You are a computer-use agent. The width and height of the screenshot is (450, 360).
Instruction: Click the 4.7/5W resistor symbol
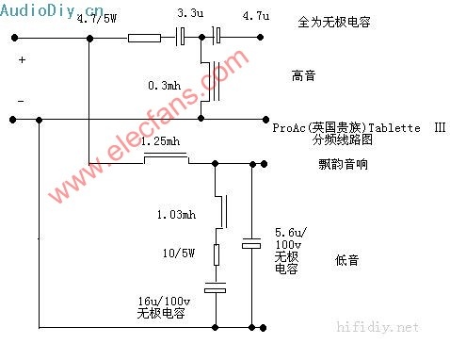coord(144,38)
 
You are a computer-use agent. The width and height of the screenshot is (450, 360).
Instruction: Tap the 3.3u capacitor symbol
coord(180,37)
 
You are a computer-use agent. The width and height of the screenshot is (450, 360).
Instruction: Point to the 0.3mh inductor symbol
coord(211,81)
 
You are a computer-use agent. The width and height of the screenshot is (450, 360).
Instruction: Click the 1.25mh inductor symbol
coord(167,156)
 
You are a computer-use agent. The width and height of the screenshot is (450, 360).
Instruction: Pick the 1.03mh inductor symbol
coord(221,211)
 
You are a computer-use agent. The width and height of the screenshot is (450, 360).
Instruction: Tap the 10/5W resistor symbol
coord(217,254)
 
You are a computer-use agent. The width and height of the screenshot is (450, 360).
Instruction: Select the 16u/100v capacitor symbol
coord(216,287)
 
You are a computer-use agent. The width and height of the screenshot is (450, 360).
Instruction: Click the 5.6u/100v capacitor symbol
coord(251,243)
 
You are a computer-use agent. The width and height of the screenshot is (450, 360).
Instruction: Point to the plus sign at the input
coord(22,59)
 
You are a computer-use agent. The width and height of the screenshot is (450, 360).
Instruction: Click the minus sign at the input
coord(21,101)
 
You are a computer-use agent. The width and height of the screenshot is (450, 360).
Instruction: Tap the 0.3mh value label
coord(165,85)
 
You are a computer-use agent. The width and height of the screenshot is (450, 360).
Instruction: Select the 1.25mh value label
coord(160,141)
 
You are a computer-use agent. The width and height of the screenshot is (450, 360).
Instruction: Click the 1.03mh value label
coord(176,215)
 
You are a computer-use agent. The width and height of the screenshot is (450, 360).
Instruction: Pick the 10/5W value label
coord(179,253)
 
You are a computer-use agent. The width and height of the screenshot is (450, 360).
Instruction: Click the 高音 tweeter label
coord(303,75)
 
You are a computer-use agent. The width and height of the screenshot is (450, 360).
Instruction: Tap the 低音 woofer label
coord(346,260)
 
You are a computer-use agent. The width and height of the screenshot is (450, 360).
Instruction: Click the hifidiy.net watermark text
coord(378,327)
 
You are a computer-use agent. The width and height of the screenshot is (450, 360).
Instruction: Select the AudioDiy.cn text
coord(52,10)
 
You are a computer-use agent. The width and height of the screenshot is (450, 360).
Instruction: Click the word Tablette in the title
coord(394,128)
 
